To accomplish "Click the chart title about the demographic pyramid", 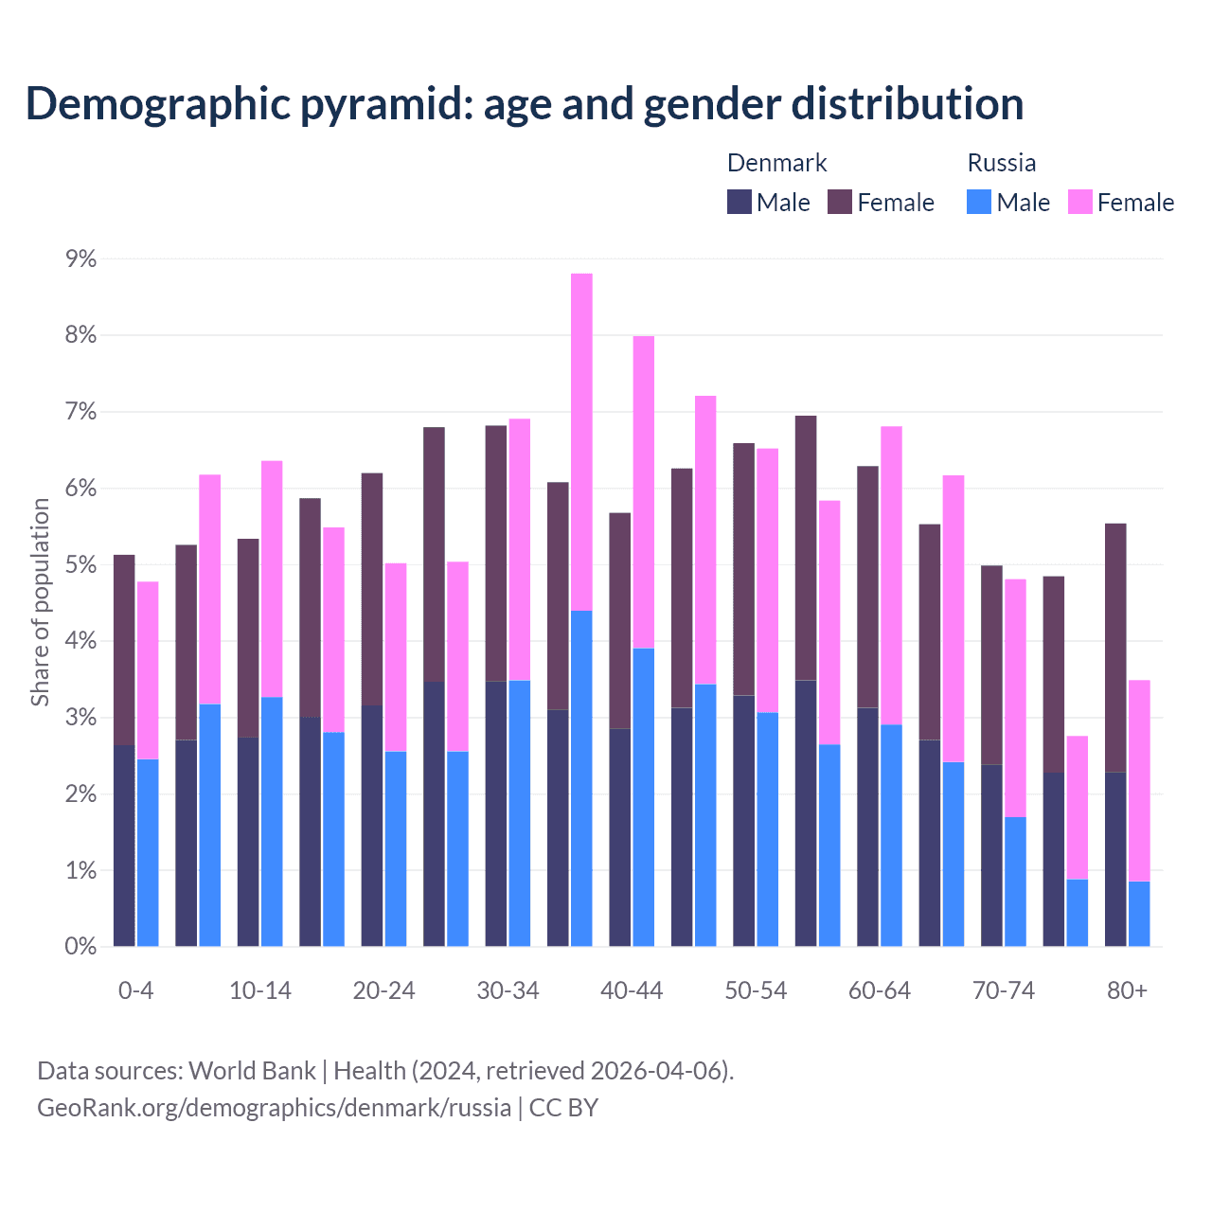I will (525, 104).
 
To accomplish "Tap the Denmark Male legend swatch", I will (740, 202).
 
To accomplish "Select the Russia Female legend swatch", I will (1079, 202).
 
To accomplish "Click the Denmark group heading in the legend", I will (776, 163).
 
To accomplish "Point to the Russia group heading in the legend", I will (1001, 163).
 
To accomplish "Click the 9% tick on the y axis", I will (80, 258).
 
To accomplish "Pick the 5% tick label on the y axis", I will (80, 565).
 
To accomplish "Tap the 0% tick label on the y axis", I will (80, 947).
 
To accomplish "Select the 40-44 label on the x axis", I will (632, 990).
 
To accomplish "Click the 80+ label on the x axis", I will (1127, 990).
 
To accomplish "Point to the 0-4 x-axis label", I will (135, 990).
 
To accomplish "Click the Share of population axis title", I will (40, 602).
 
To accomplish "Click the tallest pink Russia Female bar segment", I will (581, 441).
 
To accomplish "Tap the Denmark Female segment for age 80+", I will (1115, 648).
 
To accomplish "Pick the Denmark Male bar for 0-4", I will (124, 846).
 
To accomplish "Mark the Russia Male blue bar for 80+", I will (1139, 914).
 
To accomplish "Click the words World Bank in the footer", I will (252, 1071).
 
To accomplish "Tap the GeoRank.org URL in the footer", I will (274, 1108).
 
